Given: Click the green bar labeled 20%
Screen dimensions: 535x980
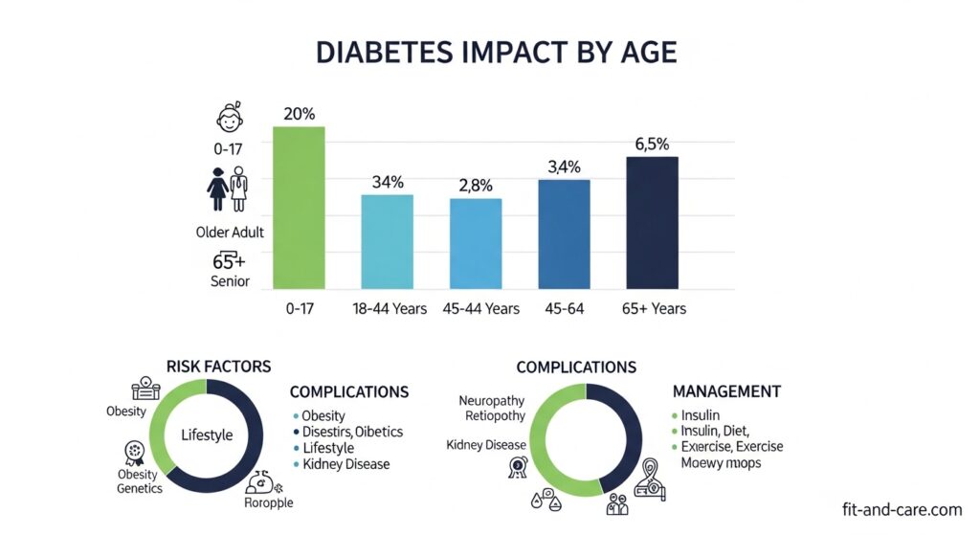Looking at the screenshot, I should point(299,207).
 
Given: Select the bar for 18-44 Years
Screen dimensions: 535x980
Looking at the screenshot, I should point(387,241).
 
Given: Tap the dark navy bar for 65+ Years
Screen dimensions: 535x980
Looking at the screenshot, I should point(652,222).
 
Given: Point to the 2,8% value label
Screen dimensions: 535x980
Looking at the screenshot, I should point(475,186).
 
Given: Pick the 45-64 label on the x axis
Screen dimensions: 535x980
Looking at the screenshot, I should point(564,308).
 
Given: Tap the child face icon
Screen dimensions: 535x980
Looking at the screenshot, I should point(228,121).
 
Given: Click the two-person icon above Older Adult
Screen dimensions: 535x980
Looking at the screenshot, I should point(228,189).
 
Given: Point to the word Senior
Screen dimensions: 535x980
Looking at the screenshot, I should point(230,281).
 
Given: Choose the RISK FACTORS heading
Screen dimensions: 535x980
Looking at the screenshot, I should point(218,367).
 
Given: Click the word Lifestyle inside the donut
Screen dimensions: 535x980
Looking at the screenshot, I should point(207,435).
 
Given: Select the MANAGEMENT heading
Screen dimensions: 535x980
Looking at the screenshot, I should point(726,392).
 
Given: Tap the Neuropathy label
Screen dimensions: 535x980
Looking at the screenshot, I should point(492,400).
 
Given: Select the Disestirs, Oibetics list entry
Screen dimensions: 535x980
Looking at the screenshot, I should point(352,432).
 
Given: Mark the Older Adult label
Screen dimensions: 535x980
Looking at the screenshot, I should point(230,232).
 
